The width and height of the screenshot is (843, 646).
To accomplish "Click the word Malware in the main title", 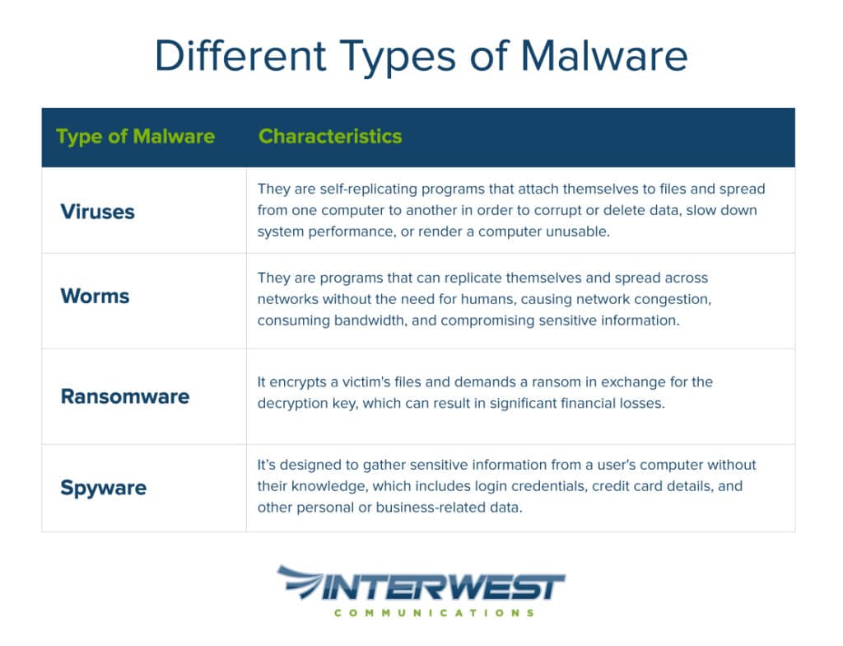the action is tap(604, 55).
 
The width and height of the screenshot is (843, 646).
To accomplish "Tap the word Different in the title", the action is tap(240, 55).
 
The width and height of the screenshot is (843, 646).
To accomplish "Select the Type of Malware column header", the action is tap(136, 137).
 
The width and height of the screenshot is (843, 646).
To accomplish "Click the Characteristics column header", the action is tap(330, 136).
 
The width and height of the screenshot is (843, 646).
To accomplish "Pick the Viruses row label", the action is tap(97, 212).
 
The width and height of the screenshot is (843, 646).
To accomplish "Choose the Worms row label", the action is tap(95, 296).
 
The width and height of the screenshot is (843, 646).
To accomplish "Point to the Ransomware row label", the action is tap(125, 396).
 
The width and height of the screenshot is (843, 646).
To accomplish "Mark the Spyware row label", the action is tap(103, 488).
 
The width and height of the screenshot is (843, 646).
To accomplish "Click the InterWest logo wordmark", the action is tap(442, 587).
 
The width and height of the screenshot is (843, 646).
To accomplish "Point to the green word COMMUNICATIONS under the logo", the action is tap(435, 613).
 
